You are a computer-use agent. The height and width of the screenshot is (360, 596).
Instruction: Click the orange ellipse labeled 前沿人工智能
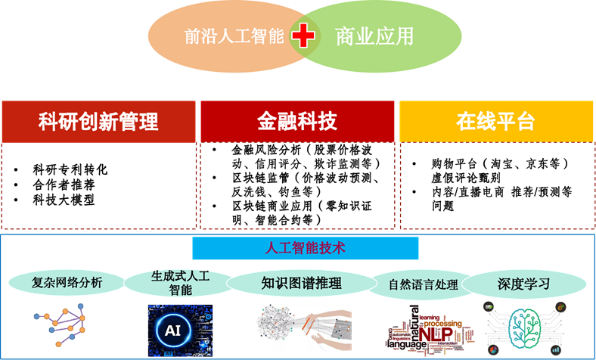[x=219, y=36]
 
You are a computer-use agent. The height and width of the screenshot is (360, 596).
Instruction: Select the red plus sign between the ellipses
[x=303, y=36]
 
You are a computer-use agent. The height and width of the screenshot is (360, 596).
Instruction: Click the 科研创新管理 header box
[x=98, y=121]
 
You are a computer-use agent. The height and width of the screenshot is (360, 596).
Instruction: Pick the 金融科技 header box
[x=297, y=121]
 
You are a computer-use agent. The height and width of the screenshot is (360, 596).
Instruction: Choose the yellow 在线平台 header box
[x=495, y=121]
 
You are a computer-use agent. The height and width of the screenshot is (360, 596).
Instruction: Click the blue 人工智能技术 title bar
[x=305, y=248]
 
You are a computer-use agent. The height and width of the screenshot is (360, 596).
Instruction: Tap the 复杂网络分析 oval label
[x=67, y=283]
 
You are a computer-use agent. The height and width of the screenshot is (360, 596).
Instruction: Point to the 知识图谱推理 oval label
[x=301, y=283]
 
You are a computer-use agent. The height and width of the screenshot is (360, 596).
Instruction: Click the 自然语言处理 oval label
[x=423, y=285]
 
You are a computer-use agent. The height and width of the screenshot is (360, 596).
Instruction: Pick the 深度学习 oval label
[x=523, y=284]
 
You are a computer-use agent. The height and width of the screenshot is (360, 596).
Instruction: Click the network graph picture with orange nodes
[x=61, y=322]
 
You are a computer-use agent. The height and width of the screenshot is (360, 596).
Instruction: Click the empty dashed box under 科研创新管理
[x=98, y=185]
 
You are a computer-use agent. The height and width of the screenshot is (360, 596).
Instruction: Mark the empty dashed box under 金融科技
[x=297, y=185]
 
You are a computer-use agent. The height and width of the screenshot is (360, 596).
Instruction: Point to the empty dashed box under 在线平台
[x=495, y=185]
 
